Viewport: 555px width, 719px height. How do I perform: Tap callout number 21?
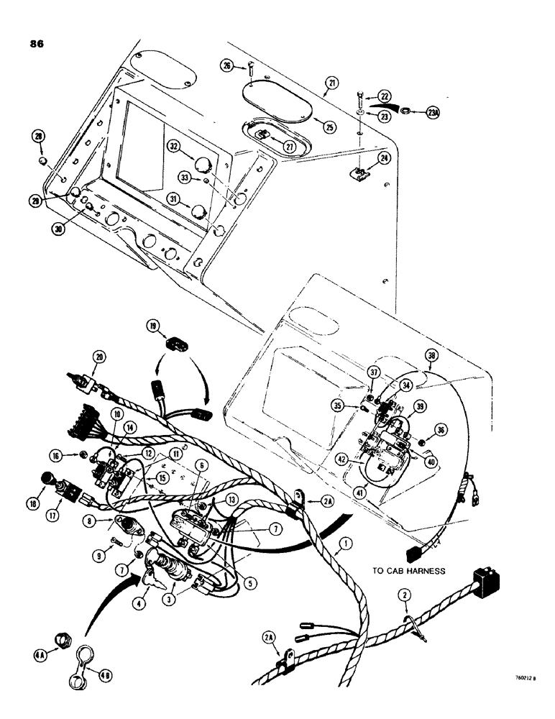(330, 84)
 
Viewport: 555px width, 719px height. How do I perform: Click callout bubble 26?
(226, 67)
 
